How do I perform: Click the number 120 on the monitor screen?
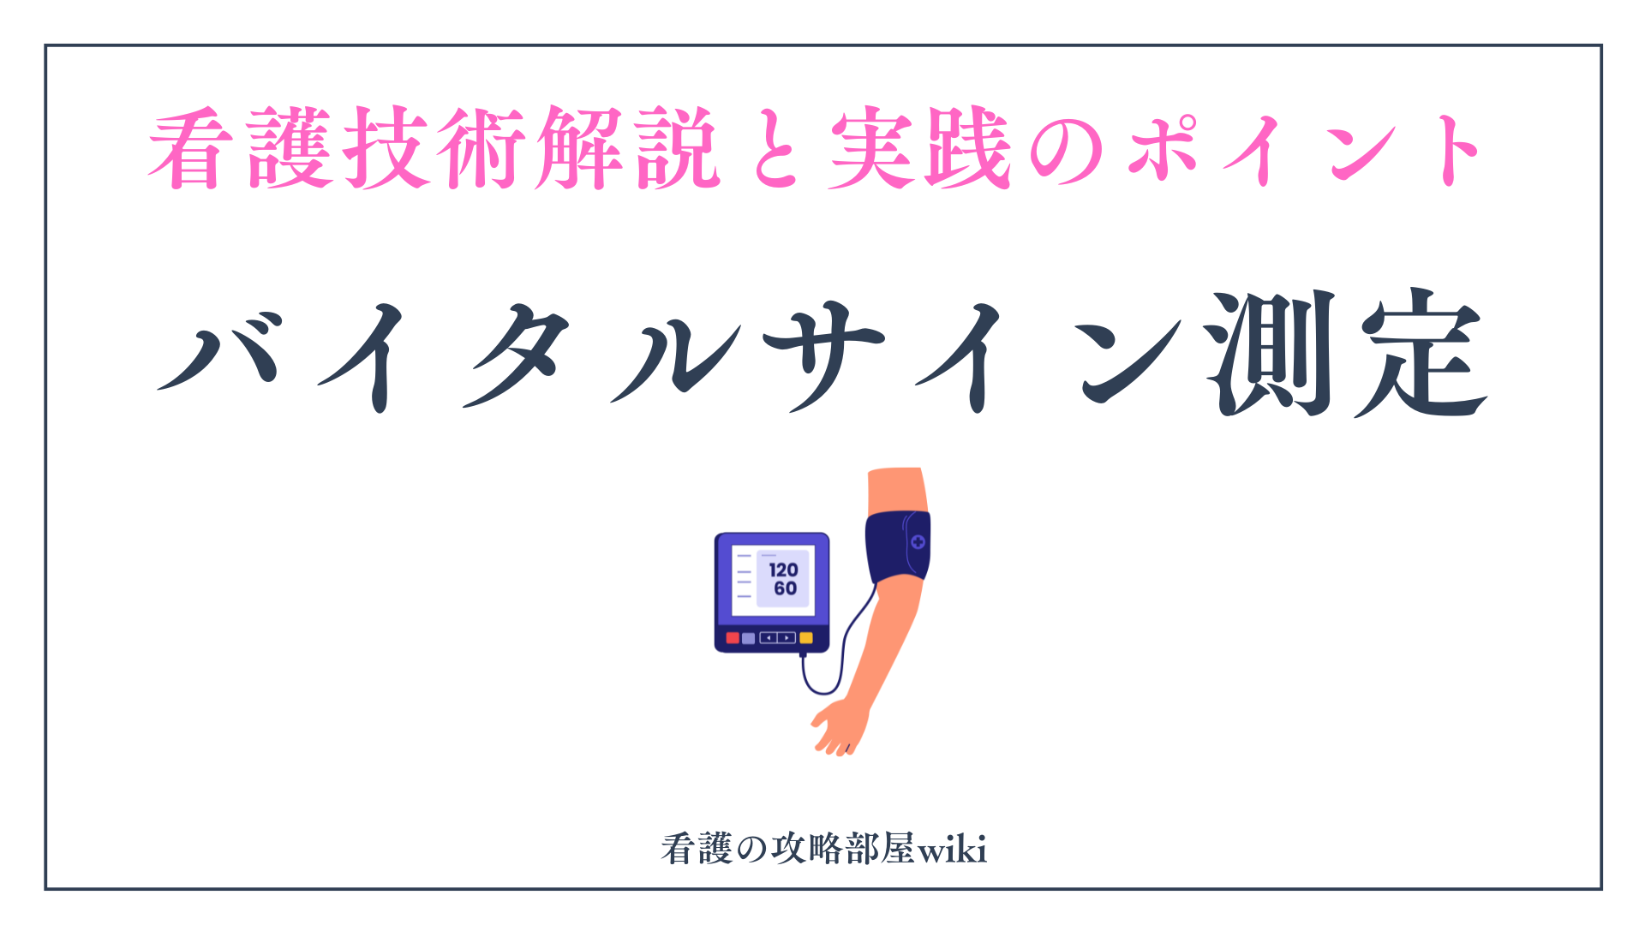tap(783, 570)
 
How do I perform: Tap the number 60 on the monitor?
tap(785, 588)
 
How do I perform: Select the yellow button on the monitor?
tap(805, 638)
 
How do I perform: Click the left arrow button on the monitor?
tap(769, 638)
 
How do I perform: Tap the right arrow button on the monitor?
tap(787, 638)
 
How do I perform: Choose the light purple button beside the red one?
tap(748, 638)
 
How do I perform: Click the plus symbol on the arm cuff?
tap(918, 541)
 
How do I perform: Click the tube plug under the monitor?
tap(803, 654)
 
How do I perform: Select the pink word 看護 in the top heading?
tap(241, 147)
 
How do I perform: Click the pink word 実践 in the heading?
tap(921, 147)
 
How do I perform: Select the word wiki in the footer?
tap(952, 850)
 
